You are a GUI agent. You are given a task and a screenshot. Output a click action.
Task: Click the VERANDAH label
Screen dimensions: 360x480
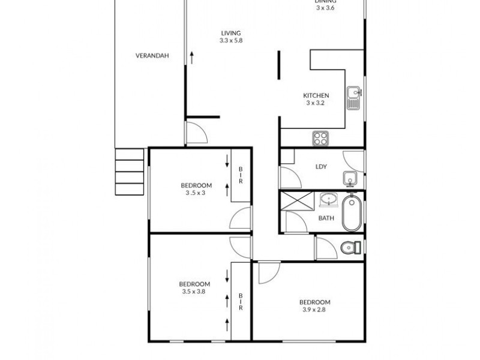[151, 56]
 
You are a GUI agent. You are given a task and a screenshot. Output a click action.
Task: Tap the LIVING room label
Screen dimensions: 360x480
[230, 33]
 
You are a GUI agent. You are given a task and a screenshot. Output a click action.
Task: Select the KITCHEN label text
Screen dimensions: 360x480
[315, 95]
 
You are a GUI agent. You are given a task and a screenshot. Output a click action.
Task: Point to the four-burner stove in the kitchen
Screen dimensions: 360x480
[320, 139]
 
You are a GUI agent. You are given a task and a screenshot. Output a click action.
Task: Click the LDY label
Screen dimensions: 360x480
[320, 167]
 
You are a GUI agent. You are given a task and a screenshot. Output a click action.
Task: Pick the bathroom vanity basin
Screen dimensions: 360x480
[328, 199]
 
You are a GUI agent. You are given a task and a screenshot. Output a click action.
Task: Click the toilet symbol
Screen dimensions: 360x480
[350, 247]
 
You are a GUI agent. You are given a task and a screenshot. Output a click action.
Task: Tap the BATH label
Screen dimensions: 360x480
[326, 218]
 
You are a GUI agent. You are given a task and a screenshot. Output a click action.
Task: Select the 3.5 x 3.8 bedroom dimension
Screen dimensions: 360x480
[194, 292]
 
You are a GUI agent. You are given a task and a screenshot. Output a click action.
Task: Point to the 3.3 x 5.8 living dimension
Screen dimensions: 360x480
[230, 41]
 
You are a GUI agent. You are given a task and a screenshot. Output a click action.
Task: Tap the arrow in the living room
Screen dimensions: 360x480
[192, 58]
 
